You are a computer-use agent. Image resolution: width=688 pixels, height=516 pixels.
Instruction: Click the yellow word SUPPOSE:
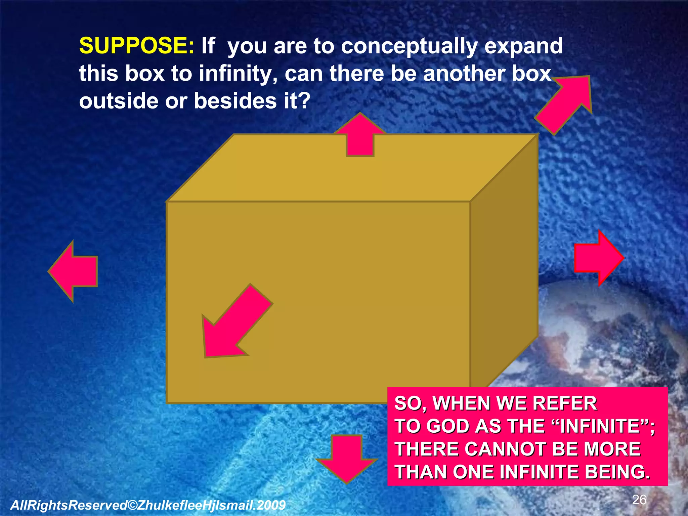click(136, 46)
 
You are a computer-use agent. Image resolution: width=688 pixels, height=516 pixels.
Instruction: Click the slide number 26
click(639, 500)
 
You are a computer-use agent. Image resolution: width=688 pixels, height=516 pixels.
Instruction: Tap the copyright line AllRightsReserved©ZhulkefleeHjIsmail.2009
click(148, 505)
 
